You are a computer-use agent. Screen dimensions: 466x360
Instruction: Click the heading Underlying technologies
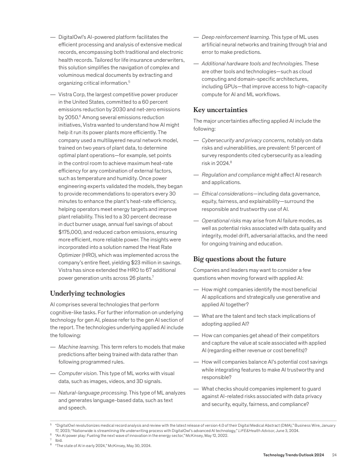click(87, 293)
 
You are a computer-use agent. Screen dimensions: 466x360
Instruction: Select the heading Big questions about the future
click(240, 259)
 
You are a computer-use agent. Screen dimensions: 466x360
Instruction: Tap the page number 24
click(334, 455)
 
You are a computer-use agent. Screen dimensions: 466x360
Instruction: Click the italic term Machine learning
click(79, 347)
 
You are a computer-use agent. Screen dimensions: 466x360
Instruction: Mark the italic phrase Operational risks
click(221, 220)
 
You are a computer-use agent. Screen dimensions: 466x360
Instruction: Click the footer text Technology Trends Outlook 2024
click(293, 455)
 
